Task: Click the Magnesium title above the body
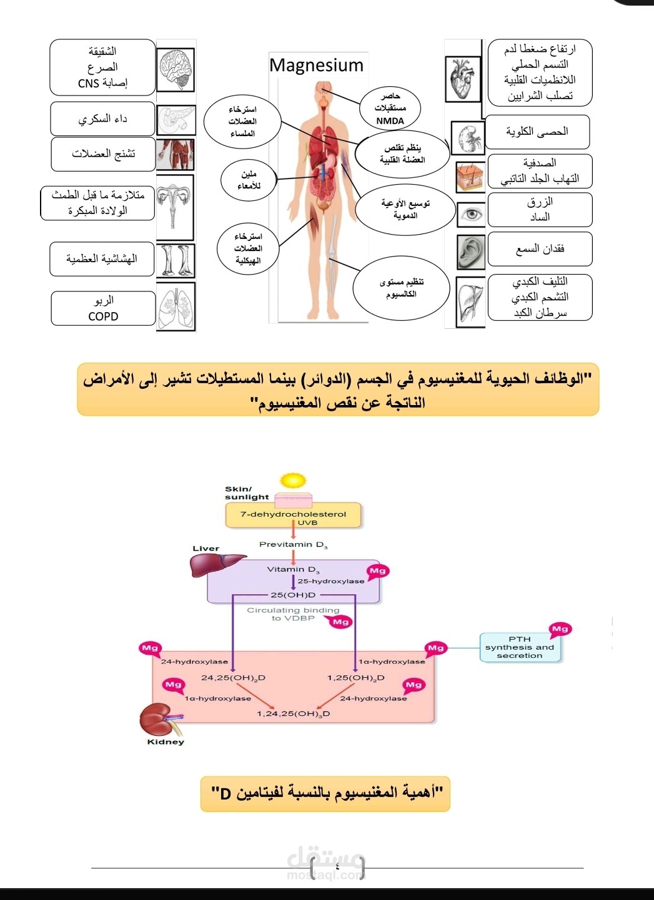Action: [316, 66]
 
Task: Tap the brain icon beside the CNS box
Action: [176, 70]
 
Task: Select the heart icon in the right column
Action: [463, 79]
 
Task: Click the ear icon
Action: [471, 252]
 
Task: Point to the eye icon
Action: [472, 215]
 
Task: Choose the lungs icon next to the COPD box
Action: [176, 306]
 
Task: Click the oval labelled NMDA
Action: [390, 108]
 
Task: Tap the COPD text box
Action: [103, 308]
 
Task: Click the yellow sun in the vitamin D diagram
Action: [293, 481]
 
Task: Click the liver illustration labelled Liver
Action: [216, 565]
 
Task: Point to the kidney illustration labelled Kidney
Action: [158, 720]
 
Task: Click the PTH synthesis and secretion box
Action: [520, 647]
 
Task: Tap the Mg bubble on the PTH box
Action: [560, 629]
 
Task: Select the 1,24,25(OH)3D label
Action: [293, 713]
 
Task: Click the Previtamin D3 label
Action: [293, 545]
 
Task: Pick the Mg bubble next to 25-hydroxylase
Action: [377, 571]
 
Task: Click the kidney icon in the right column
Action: [468, 138]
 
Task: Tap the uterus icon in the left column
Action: [174, 207]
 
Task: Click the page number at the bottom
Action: [337, 866]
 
